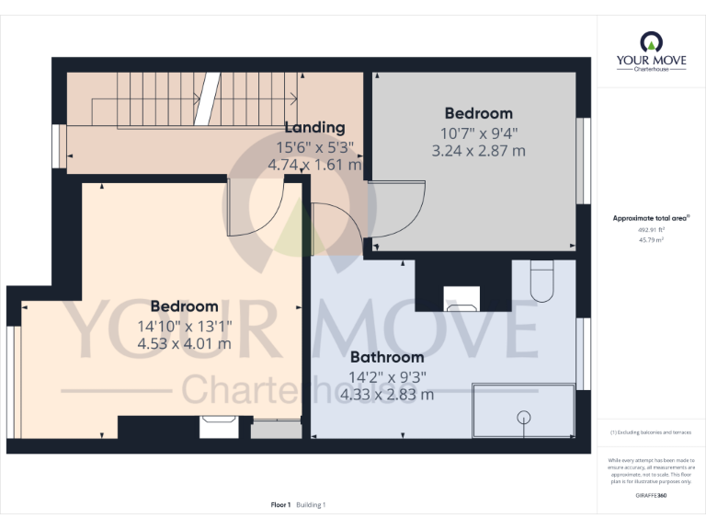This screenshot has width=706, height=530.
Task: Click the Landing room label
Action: (x=314, y=128)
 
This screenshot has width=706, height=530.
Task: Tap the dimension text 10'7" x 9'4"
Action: (x=478, y=132)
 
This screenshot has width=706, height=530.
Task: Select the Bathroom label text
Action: (x=386, y=357)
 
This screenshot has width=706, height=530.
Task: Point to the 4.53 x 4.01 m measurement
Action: (x=184, y=343)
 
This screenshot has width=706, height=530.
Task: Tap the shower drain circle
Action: (x=524, y=416)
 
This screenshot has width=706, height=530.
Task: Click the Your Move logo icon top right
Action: (x=651, y=42)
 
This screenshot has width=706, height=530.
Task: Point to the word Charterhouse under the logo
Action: (x=651, y=70)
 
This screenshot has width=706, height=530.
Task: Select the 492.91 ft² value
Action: (x=651, y=230)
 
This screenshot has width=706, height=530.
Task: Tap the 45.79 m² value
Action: (x=651, y=239)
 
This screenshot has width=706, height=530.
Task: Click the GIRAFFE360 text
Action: (x=651, y=496)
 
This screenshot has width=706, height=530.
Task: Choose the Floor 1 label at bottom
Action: (x=280, y=504)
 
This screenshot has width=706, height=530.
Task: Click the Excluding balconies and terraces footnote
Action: (x=651, y=432)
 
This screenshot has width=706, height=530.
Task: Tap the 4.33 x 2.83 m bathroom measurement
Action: (x=386, y=394)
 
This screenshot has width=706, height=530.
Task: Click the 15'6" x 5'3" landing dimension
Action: (x=314, y=146)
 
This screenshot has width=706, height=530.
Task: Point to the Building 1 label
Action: (x=311, y=504)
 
